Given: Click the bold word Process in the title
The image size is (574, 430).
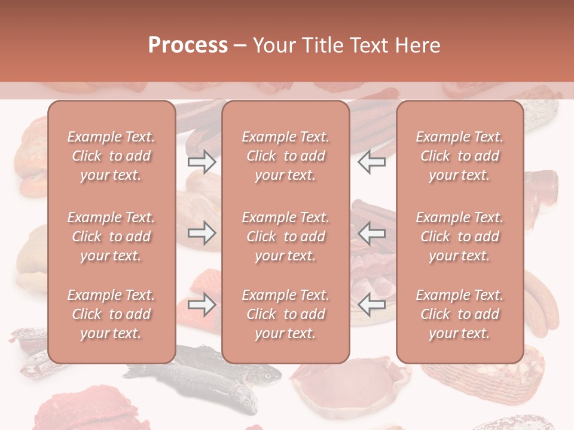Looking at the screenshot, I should (x=188, y=45).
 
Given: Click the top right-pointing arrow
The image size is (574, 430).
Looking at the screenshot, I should (x=201, y=162).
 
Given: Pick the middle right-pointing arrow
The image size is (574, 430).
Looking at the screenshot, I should (x=201, y=233).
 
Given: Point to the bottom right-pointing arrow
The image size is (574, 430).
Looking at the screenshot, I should (x=201, y=305).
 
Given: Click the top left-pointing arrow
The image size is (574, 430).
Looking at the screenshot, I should (x=372, y=162).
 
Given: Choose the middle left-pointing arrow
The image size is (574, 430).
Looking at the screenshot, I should (x=372, y=233).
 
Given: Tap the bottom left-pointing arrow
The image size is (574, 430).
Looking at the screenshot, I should (x=372, y=305).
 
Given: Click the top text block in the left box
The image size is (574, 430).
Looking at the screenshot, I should (x=111, y=156).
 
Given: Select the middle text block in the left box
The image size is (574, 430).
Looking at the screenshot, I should (x=111, y=236).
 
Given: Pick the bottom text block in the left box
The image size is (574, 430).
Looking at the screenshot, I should (x=111, y=314).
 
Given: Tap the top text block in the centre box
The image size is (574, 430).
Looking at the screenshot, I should (x=286, y=156).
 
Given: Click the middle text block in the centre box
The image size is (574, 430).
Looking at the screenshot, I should (x=286, y=236).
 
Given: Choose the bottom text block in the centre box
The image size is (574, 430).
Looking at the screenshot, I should (x=286, y=314).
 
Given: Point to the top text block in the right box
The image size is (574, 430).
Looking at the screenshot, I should (x=460, y=156).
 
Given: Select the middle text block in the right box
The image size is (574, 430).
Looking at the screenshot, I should (x=460, y=236).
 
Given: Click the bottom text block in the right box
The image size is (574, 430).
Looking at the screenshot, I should (x=460, y=314).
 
